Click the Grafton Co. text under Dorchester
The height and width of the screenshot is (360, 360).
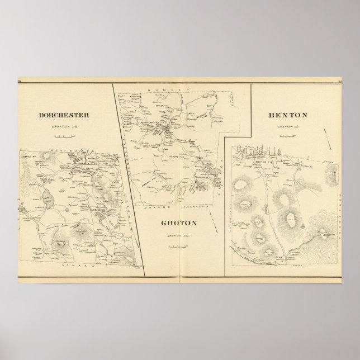pos(64,127)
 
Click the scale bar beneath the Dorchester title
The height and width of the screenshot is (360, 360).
pos(64,136)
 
